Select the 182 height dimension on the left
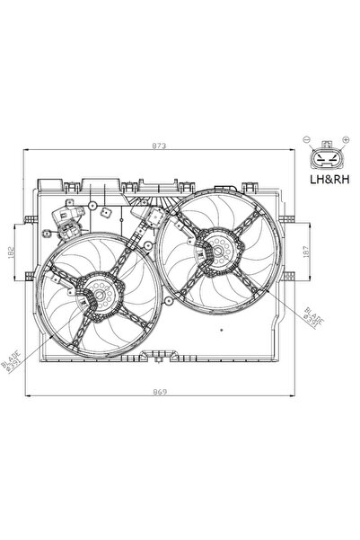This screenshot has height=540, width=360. (x=11, y=252)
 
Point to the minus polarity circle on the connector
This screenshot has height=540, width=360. (x=307, y=140)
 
